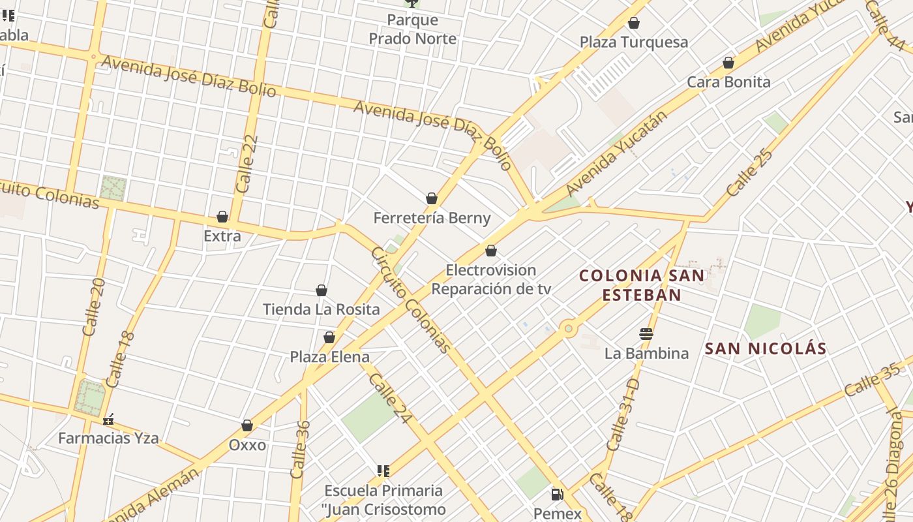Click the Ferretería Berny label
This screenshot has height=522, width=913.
pos(432,218)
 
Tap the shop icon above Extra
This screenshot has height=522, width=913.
pos(222,217)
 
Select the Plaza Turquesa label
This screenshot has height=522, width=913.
pos(634,42)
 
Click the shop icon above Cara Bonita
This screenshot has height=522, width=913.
pos(728,63)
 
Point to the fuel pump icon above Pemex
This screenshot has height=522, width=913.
pos(557,495)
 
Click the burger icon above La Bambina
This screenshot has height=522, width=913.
pos(646,335)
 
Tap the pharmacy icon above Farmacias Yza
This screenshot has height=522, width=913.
pos(109,419)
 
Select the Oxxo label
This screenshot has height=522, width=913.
pos(247,445)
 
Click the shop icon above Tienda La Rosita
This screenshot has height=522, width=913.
pos(322,290)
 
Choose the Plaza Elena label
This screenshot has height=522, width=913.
pos(329,357)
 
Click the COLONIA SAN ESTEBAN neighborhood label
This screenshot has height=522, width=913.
pos(642,285)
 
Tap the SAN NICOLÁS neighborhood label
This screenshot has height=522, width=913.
pos(766,349)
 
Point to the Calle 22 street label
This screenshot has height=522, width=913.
pos(247,163)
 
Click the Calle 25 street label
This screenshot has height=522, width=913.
pos(750,173)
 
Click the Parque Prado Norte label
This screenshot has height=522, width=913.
pos(413,29)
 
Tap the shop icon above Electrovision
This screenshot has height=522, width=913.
pos(491,251)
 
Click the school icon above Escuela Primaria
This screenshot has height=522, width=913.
pos(383,471)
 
